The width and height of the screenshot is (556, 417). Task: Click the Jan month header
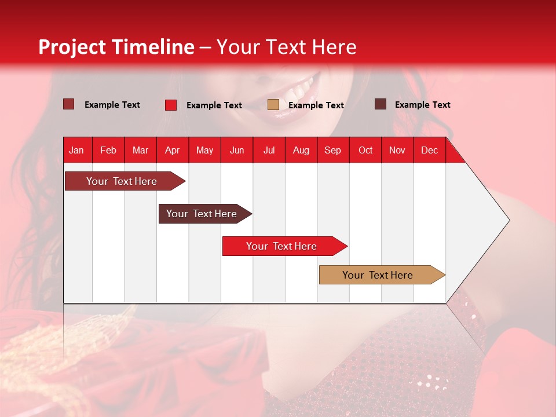76,150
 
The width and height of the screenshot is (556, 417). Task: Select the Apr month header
172,150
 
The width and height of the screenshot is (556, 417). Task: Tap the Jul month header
269,150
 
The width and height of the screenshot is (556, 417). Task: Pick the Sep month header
332,150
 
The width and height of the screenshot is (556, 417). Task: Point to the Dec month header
429,150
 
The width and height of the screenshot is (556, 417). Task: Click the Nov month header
397,150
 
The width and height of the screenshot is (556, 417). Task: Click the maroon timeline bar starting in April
203,214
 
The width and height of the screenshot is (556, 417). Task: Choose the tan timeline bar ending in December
379,275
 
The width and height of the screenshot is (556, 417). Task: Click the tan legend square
273,105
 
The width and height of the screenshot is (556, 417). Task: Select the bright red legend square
171,105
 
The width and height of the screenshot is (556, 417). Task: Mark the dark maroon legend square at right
381,104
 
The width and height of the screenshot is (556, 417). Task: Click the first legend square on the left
69,104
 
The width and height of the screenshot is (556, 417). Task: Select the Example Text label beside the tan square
316,105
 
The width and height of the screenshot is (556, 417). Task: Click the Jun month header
236,150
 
